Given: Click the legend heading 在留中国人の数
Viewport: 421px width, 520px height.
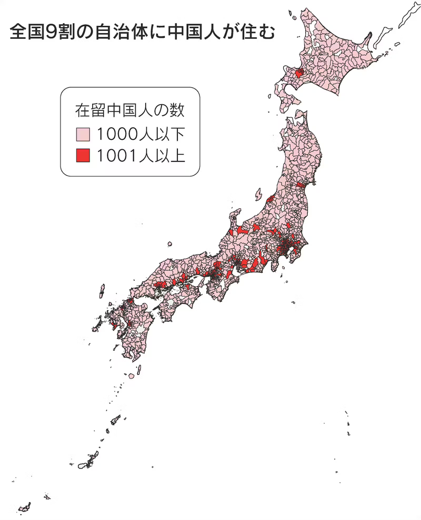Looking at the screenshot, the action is pyautogui.click(x=129, y=111).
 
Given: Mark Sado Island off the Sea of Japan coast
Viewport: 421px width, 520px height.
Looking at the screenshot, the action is pyautogui.click(x=258, y=195).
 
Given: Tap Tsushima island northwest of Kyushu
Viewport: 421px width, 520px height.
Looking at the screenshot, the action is pyautogui.click(x=102, y=291).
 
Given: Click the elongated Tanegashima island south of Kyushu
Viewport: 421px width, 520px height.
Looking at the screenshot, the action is pyautogui.click(x=139, y=368).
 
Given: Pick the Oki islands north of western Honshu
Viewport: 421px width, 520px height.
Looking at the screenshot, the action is pyautogui.click(x=170, y=244).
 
